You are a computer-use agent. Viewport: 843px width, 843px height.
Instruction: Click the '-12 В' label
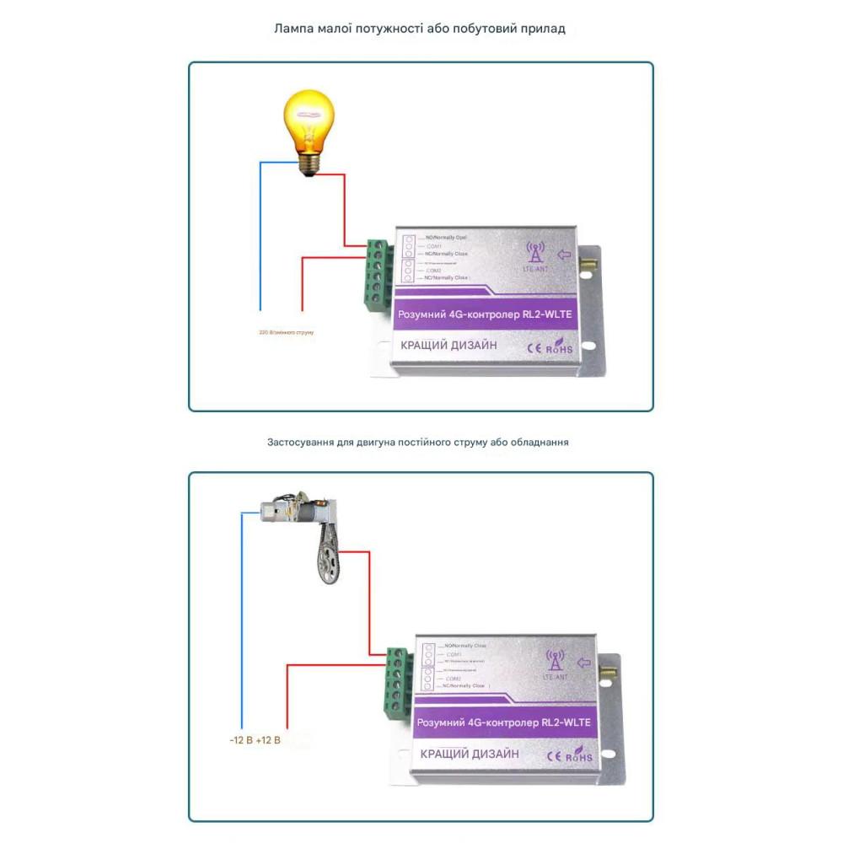(x=240, y=741)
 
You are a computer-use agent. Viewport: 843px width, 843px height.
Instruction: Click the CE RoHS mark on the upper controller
(x=550, y=346)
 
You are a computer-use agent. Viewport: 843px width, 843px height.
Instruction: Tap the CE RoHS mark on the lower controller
(x=572, y=756)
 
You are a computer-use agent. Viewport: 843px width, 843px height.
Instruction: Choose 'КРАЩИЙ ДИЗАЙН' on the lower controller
(x=470, y=754)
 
